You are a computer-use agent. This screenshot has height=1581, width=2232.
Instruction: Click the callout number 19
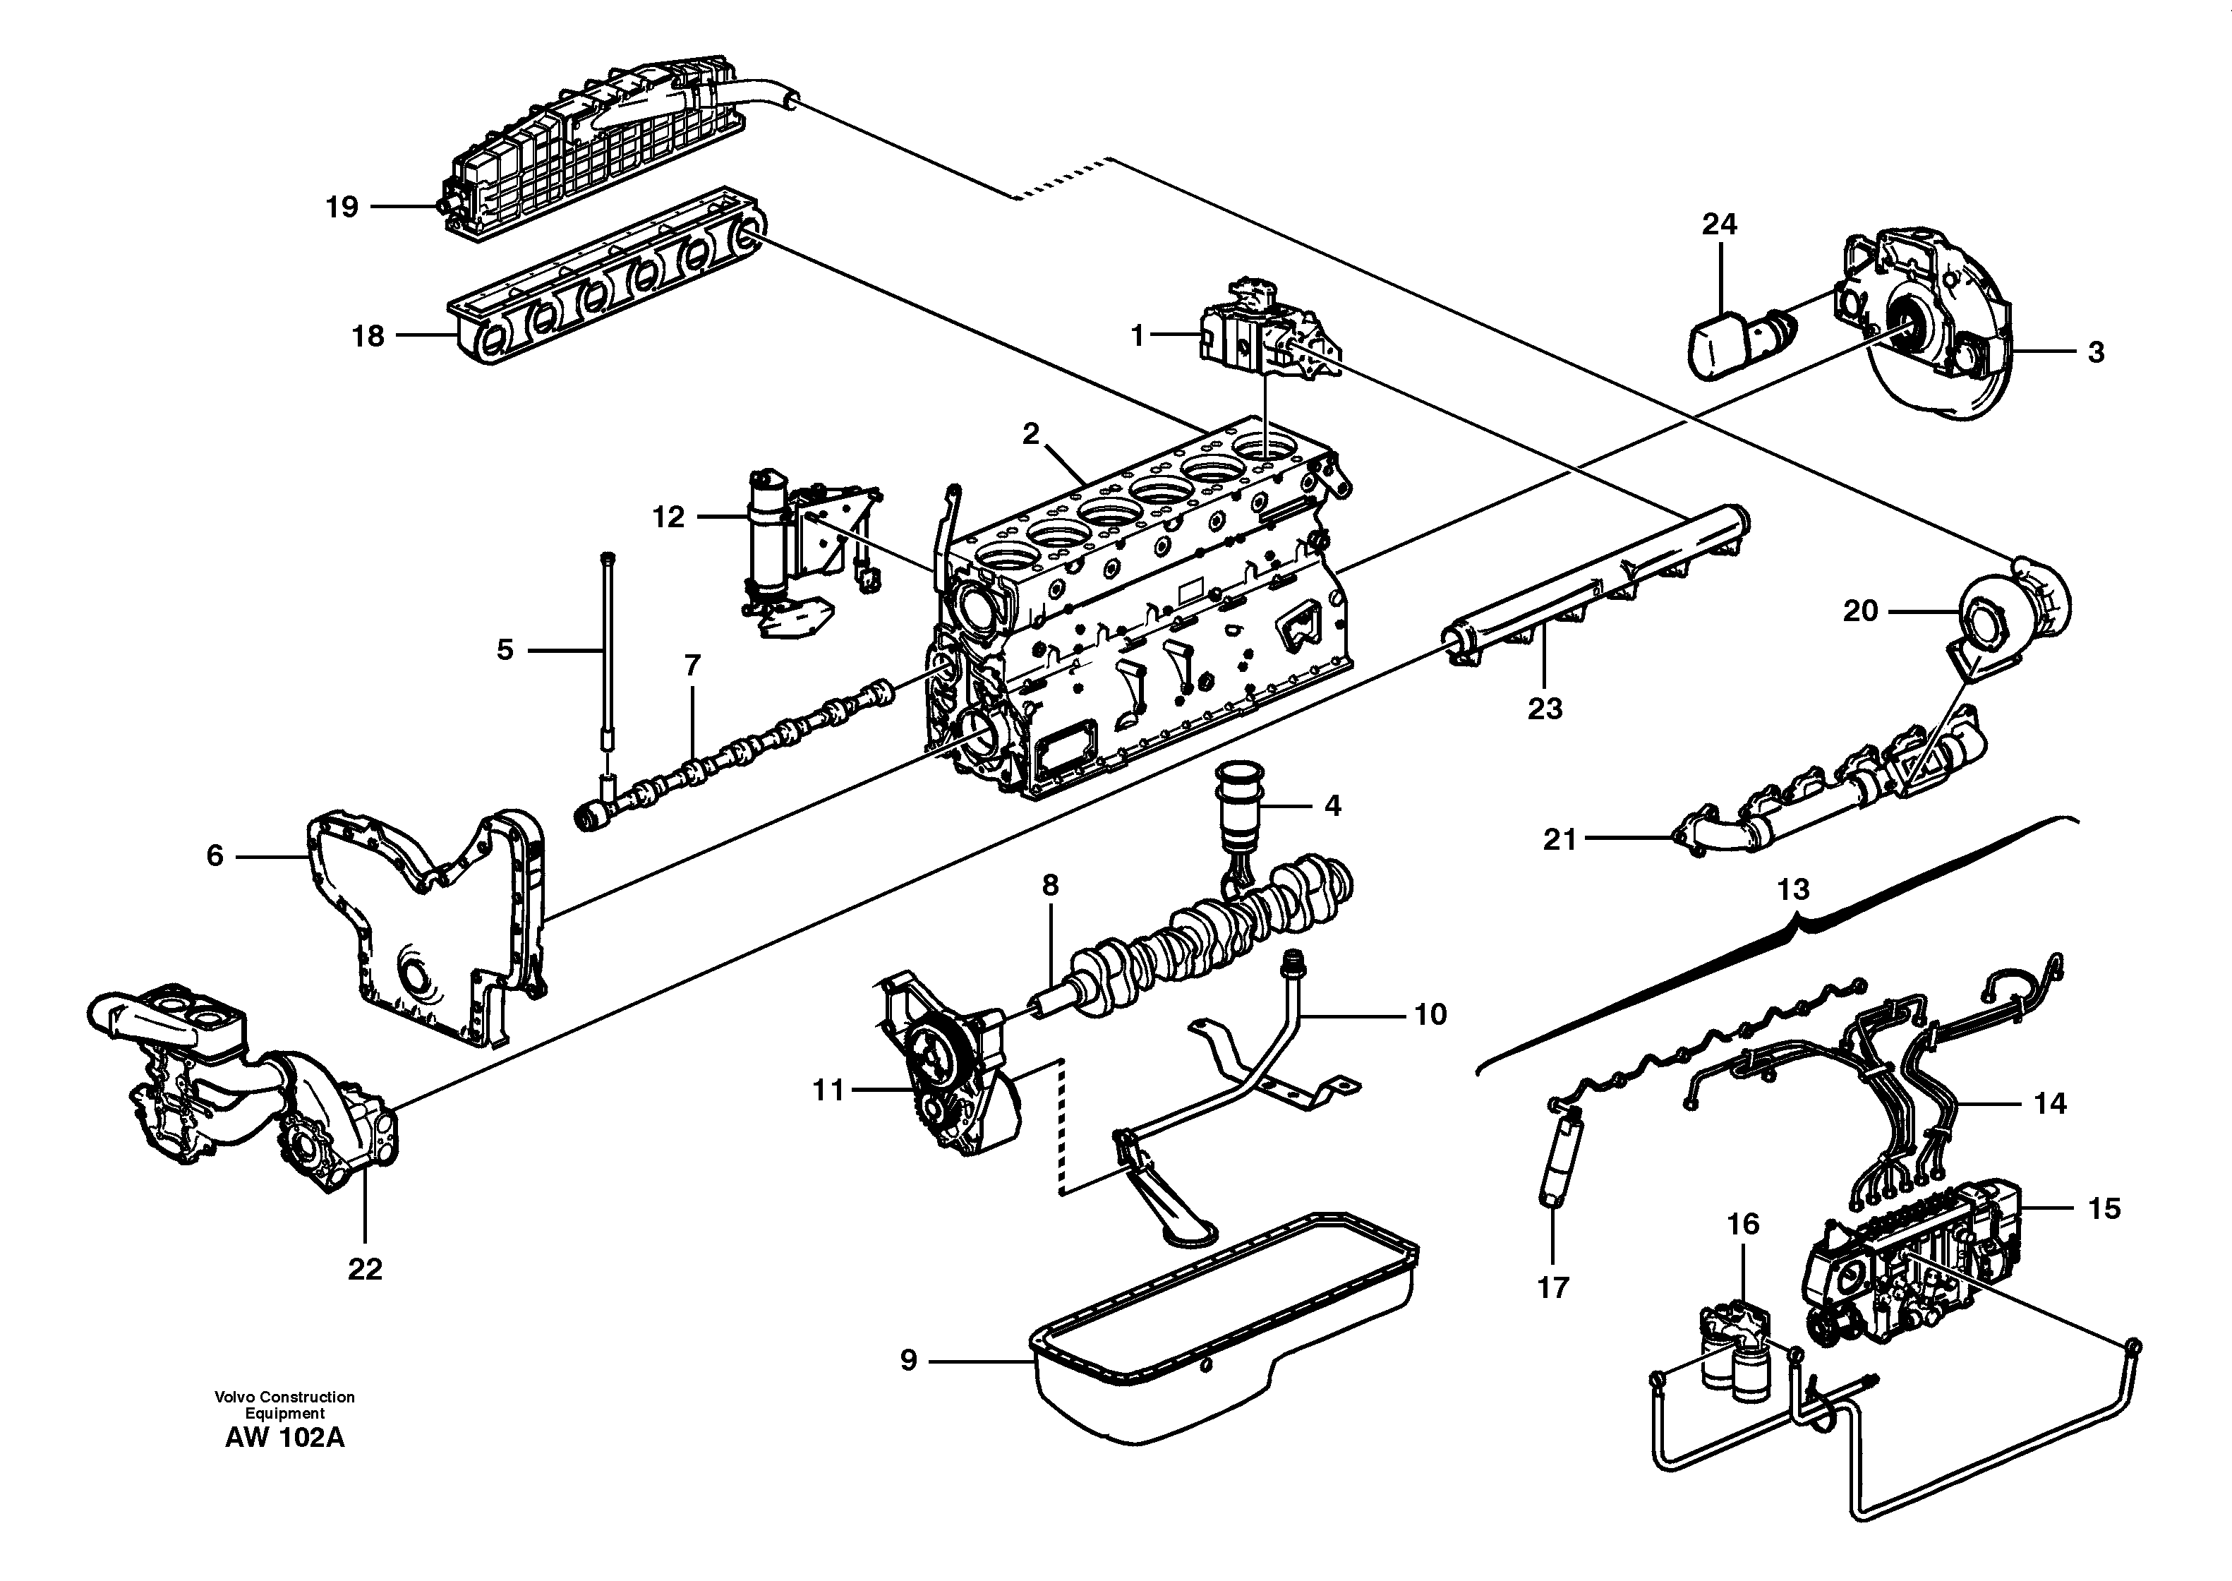[342, 208]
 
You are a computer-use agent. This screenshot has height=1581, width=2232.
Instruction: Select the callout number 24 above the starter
[1719, 225]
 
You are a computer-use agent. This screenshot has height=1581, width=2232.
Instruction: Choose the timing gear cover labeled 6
[428, 934]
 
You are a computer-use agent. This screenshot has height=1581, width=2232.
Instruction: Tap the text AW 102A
[284, 1438]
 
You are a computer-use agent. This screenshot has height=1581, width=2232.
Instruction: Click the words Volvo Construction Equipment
[284, 1405]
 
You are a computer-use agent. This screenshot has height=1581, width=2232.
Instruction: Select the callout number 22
[365, 1268]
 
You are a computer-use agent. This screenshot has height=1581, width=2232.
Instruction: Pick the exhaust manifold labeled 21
[1830, 798]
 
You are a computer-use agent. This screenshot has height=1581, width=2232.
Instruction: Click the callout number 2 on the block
[1031, 434]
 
